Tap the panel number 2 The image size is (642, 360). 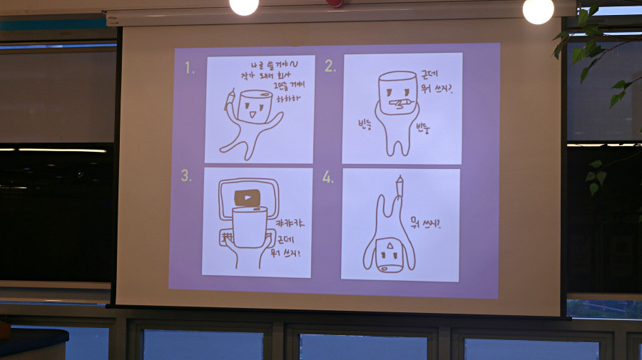[x=330, y=66]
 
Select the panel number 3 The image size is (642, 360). [x=185, y=176]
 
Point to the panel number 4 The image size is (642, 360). [x=327, y=177]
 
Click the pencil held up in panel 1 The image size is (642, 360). [x=230, y=100]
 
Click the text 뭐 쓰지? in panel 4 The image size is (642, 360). [x=429, y=224]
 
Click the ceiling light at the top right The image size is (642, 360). [x=538, y=9]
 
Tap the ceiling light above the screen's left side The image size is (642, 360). [x=244, y=6]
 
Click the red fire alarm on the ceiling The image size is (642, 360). [x=335, y=3]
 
